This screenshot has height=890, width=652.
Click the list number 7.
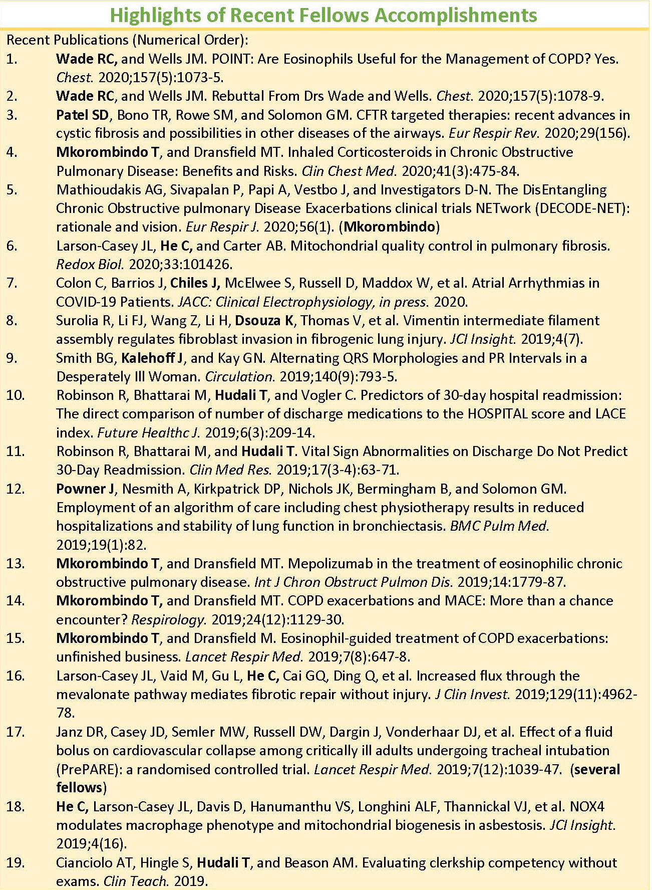(x=12, y=283)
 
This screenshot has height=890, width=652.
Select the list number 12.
(x=15, y=489)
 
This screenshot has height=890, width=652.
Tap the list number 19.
(x=15, y=862)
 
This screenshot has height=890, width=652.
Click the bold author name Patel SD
(x=82, y=115)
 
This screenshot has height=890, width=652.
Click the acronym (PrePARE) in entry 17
(x=88, y=769)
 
